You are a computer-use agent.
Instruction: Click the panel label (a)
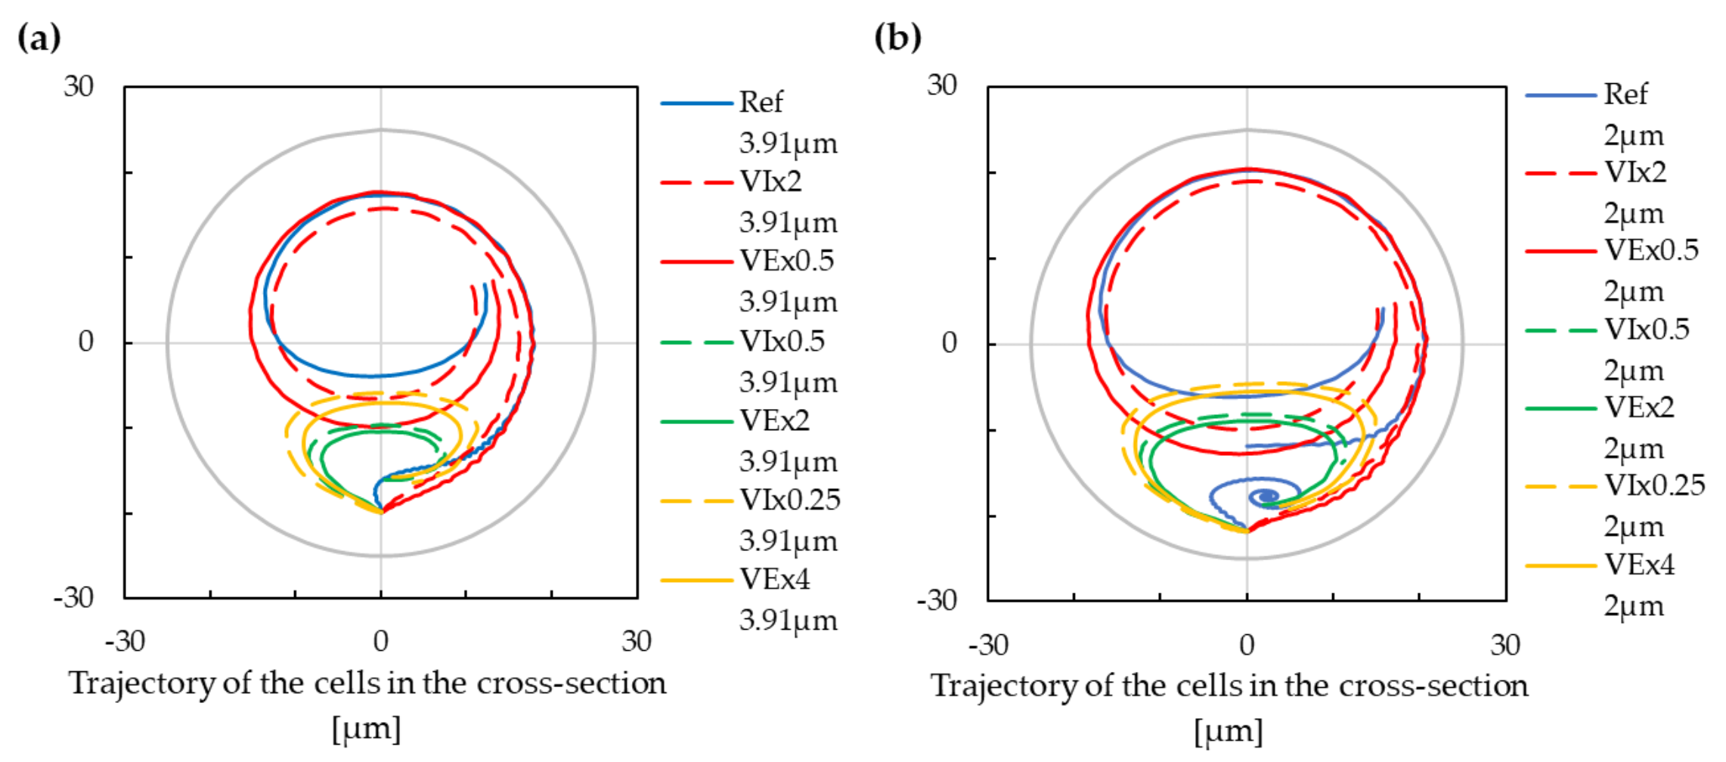pyautogui.click(x=39, y=37)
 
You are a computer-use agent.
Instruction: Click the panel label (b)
pyautogui.click(x=897, y=37)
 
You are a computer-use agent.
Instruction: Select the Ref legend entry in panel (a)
pyautogui.click(x=761, y=102)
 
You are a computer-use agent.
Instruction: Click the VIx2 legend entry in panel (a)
pyautogui.click(x=770, y=181)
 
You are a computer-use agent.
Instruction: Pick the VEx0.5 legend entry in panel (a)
pyautogui.click(x=786, y=261)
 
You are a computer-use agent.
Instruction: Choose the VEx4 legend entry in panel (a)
pyautogui.click(x=774, y=580)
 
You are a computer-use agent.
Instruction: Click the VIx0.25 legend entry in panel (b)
pyautogui.click(x=1654, y=485)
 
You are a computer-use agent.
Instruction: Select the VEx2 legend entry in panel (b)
pyautogui.click(x=1639, y=407)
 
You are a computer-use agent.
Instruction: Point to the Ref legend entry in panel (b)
pyautogui.click(x=1625, y=94)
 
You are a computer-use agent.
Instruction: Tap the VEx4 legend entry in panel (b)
pyautogui.click(x=1639, y=565)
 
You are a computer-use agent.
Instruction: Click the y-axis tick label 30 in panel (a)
pyautogui.click(x=78, y=87)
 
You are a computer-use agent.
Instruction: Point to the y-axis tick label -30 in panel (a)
pyautogui.click(x=73, y=598)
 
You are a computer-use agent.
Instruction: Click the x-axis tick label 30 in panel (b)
pyautogui.click(x=1504, y=645)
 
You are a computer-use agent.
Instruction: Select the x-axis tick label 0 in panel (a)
pyautogui.click(x=380, y=641)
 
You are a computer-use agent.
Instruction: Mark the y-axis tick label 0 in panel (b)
pyautogui.click(x=949, y=343)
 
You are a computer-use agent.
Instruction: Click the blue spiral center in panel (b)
pyautogui.click(x=1266, y=497)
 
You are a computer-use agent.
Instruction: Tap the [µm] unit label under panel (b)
pyautogui.click(x=1229, y=732)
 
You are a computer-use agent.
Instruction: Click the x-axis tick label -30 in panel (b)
pyautogui.click(x=987, y=645)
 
